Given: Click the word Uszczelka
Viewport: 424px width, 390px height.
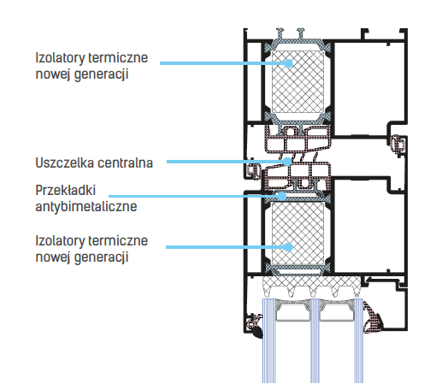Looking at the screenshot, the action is (65, 163).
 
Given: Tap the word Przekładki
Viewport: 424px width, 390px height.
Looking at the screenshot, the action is (66, 191).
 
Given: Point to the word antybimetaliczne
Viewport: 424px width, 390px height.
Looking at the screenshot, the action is (86, 207).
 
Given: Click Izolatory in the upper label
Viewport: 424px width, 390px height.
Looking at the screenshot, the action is (60, 58).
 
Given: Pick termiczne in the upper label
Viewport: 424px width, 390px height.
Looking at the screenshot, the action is (118, 58).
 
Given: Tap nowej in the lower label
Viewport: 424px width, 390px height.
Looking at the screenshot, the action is (53, 257).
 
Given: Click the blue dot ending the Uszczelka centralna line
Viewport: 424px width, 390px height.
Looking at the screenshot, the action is (287, 162).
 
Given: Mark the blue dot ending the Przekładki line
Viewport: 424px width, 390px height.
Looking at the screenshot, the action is (282, 196).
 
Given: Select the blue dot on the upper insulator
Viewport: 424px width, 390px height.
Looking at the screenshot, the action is (289, 63).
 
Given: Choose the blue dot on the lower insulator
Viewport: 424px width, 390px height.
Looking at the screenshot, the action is (289, 247).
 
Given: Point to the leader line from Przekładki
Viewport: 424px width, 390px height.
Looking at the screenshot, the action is (194, 196).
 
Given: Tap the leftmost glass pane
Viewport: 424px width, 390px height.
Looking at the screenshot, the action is (268, 340).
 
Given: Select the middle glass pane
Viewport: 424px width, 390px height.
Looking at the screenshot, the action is (315, 340).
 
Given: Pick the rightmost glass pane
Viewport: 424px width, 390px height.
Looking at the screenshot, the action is (359, 340).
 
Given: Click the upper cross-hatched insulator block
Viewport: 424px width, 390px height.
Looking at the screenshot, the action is (297, 82).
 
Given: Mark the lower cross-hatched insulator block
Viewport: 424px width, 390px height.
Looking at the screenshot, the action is (297, 233).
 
